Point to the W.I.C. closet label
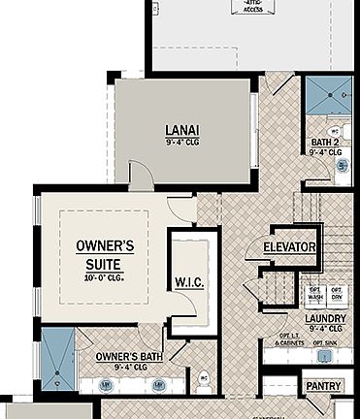[188, 282]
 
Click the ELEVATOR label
[289, 247]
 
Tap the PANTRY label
[322, 385]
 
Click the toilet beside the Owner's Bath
[204, 381]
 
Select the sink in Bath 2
[343, 166]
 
